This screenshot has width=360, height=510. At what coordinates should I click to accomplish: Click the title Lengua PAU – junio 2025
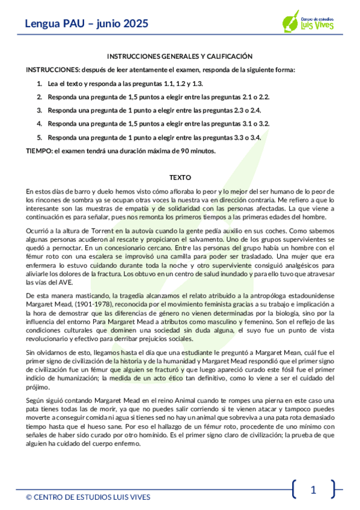click(87, 24)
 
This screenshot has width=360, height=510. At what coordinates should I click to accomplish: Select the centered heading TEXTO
click(180, 178)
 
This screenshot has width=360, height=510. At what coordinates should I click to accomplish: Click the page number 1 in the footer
click(313, 490)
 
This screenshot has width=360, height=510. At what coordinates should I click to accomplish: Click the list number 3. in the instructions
click(39, 110)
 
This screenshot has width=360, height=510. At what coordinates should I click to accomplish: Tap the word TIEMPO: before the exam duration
click(39, 151)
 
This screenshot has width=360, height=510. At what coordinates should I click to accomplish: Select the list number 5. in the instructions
click(39, 137)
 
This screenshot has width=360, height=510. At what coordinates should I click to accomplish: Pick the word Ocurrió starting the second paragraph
click(37, 230)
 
